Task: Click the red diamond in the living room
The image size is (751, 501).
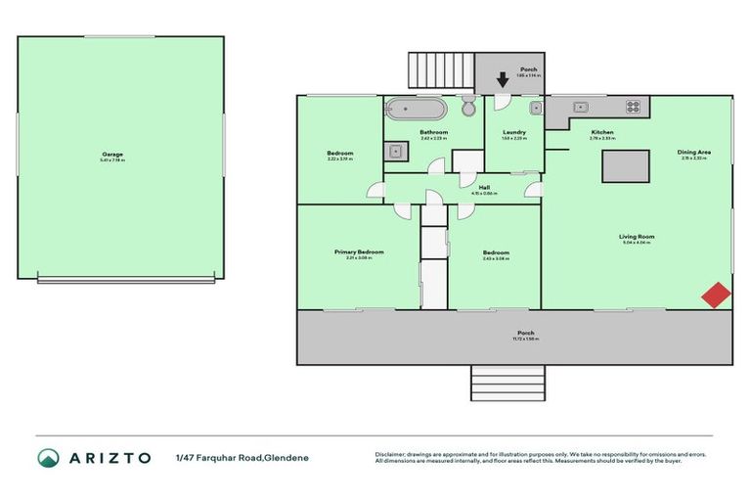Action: pos(717,295)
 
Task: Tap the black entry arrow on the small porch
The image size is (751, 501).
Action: pos(503,80)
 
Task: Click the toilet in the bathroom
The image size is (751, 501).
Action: pos(468,106)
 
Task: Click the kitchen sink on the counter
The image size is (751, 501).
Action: pos(580,107)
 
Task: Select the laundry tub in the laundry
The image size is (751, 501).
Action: pos(536,108)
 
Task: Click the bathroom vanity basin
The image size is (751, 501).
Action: pos(396,151)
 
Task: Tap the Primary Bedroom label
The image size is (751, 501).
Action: pos(359,251)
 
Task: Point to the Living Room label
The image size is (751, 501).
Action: pos(636,236)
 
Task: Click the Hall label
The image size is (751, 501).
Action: pos(484,187)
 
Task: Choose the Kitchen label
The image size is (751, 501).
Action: pos(601,132)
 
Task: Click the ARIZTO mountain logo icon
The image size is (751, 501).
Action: pos(48,457)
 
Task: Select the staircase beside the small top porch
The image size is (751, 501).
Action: pos(439,69)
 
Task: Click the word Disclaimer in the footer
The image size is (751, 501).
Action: pos(392,454)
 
